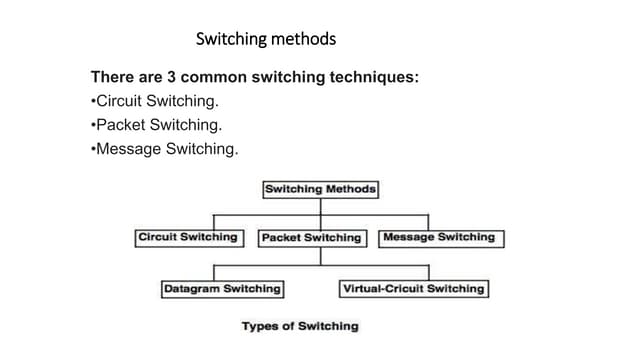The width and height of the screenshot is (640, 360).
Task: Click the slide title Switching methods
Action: coord(266,39)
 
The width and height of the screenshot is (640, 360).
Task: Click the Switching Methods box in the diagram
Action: coord(320,189)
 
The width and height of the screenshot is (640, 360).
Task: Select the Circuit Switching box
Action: coord(188,238)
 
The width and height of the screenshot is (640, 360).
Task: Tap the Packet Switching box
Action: coord(310,238)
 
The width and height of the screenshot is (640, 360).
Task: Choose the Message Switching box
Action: coord(438,238)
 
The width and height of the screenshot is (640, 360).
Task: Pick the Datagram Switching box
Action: coord(222,289)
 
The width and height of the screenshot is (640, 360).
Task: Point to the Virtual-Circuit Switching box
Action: coord(413,289)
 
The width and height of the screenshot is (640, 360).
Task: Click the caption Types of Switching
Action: coord(299,326)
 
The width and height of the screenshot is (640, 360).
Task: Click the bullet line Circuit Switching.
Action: coord(156,102)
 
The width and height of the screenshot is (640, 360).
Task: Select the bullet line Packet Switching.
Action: coord(156,126)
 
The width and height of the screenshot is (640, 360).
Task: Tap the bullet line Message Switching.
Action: coord(165,150)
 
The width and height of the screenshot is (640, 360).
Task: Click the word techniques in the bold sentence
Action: coord(369,77)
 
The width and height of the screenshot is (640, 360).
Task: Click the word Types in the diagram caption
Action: coord(260,326)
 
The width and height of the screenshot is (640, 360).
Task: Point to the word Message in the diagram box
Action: coord(408,238)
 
